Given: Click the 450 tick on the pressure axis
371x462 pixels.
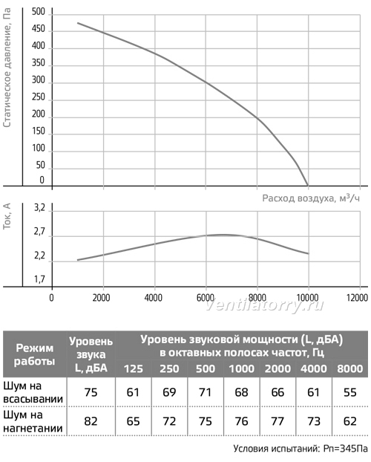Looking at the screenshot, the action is coord(39,29).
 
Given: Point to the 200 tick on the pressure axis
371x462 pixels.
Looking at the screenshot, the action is coord(39,114).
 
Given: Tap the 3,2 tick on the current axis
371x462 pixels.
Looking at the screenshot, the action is coord(39,208).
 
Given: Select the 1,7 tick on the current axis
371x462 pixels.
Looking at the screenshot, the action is coord(39,279).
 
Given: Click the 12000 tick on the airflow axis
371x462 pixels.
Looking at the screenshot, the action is coord(357,298).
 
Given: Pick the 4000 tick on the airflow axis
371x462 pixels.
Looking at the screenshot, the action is coord(153,298).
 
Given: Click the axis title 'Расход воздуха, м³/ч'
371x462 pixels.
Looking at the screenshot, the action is coord(311,198).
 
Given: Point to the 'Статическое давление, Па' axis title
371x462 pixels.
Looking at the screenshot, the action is coord(7,67).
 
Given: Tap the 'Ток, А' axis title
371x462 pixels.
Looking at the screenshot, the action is coord(7,216).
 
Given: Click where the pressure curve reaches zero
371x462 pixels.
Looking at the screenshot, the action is coord(308,186).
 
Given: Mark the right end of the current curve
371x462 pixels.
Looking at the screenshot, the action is coord(309,253).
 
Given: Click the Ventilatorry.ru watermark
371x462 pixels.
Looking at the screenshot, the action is coord(264,305).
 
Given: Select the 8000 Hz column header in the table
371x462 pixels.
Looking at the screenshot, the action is coord(349,369).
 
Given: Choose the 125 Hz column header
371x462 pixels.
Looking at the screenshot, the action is coord(133,369).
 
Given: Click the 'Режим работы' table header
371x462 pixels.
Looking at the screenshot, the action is coord(34,354).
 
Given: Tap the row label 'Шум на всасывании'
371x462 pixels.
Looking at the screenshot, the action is coord(33,392).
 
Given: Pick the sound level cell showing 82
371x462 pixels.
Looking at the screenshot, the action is coord(91,421).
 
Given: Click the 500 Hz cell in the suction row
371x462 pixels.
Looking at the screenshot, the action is coord(206,392).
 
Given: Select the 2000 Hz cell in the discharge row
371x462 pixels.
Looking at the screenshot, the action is coord(278,421).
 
